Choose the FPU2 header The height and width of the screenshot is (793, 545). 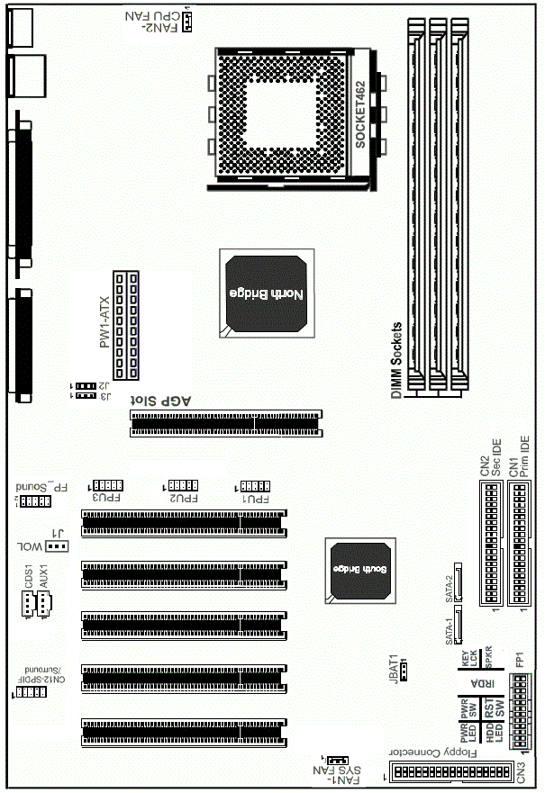185,484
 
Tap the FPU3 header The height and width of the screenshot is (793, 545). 107,484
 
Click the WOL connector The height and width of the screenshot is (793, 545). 57,545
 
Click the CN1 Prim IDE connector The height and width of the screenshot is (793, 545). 518,544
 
